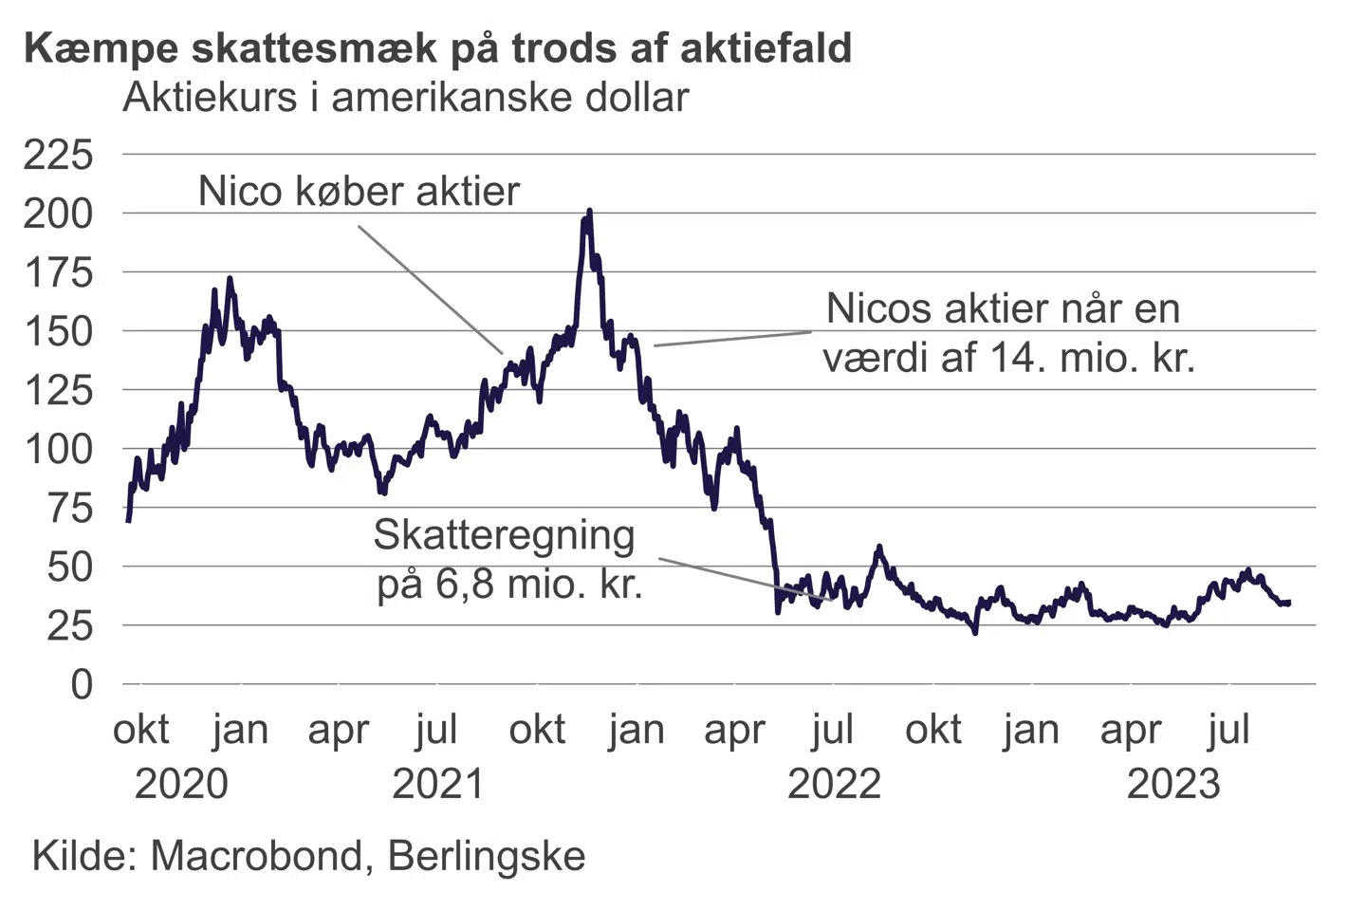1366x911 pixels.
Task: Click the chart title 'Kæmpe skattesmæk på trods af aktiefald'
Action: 437,47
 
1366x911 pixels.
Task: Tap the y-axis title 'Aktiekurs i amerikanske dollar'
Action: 405,98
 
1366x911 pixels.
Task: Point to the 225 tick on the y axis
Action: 59,154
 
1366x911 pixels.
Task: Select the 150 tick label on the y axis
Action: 59,331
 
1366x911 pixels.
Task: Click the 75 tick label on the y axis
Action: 70,508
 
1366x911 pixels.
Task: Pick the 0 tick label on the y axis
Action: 82,684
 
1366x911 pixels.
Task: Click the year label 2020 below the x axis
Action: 181,784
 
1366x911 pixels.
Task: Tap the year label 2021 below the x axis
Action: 438,784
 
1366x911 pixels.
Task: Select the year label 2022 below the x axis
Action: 834,784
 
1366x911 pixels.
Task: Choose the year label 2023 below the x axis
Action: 1173,784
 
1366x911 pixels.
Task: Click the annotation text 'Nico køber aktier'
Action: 359,192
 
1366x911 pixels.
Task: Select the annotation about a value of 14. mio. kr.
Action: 1007,333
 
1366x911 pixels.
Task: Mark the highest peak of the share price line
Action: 589,212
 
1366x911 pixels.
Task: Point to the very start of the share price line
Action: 128,520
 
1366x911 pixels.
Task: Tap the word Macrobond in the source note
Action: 256,856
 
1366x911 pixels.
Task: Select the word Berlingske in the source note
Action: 487,856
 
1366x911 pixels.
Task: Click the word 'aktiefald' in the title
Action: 766,47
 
